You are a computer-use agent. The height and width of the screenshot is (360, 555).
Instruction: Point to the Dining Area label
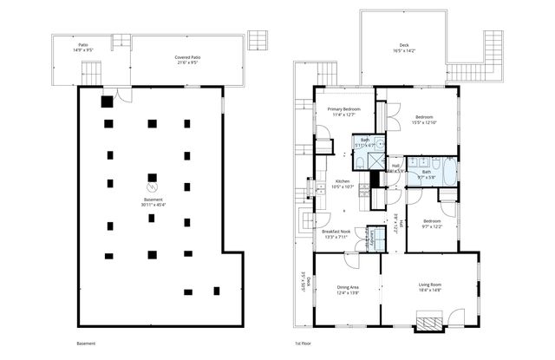click(x=348, y=286)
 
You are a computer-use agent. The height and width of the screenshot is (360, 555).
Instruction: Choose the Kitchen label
click(x=343, y=181)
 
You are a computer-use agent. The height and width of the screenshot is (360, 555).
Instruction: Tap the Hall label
click(x=395, y=166)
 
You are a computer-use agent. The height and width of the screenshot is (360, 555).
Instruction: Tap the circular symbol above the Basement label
click(x=153, y=186)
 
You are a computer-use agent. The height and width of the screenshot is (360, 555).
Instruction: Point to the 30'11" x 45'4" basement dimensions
click(x=153, y=205)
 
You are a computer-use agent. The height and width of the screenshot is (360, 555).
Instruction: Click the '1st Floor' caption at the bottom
click(x=304, y=344)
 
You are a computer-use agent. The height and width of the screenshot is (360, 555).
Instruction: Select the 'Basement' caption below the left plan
click(x=75, y=344)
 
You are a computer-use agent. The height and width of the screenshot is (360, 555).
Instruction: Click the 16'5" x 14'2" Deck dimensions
click(x=403, y=52)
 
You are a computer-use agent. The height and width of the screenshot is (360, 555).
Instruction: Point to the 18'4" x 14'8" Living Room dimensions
click(x=430, y=291)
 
